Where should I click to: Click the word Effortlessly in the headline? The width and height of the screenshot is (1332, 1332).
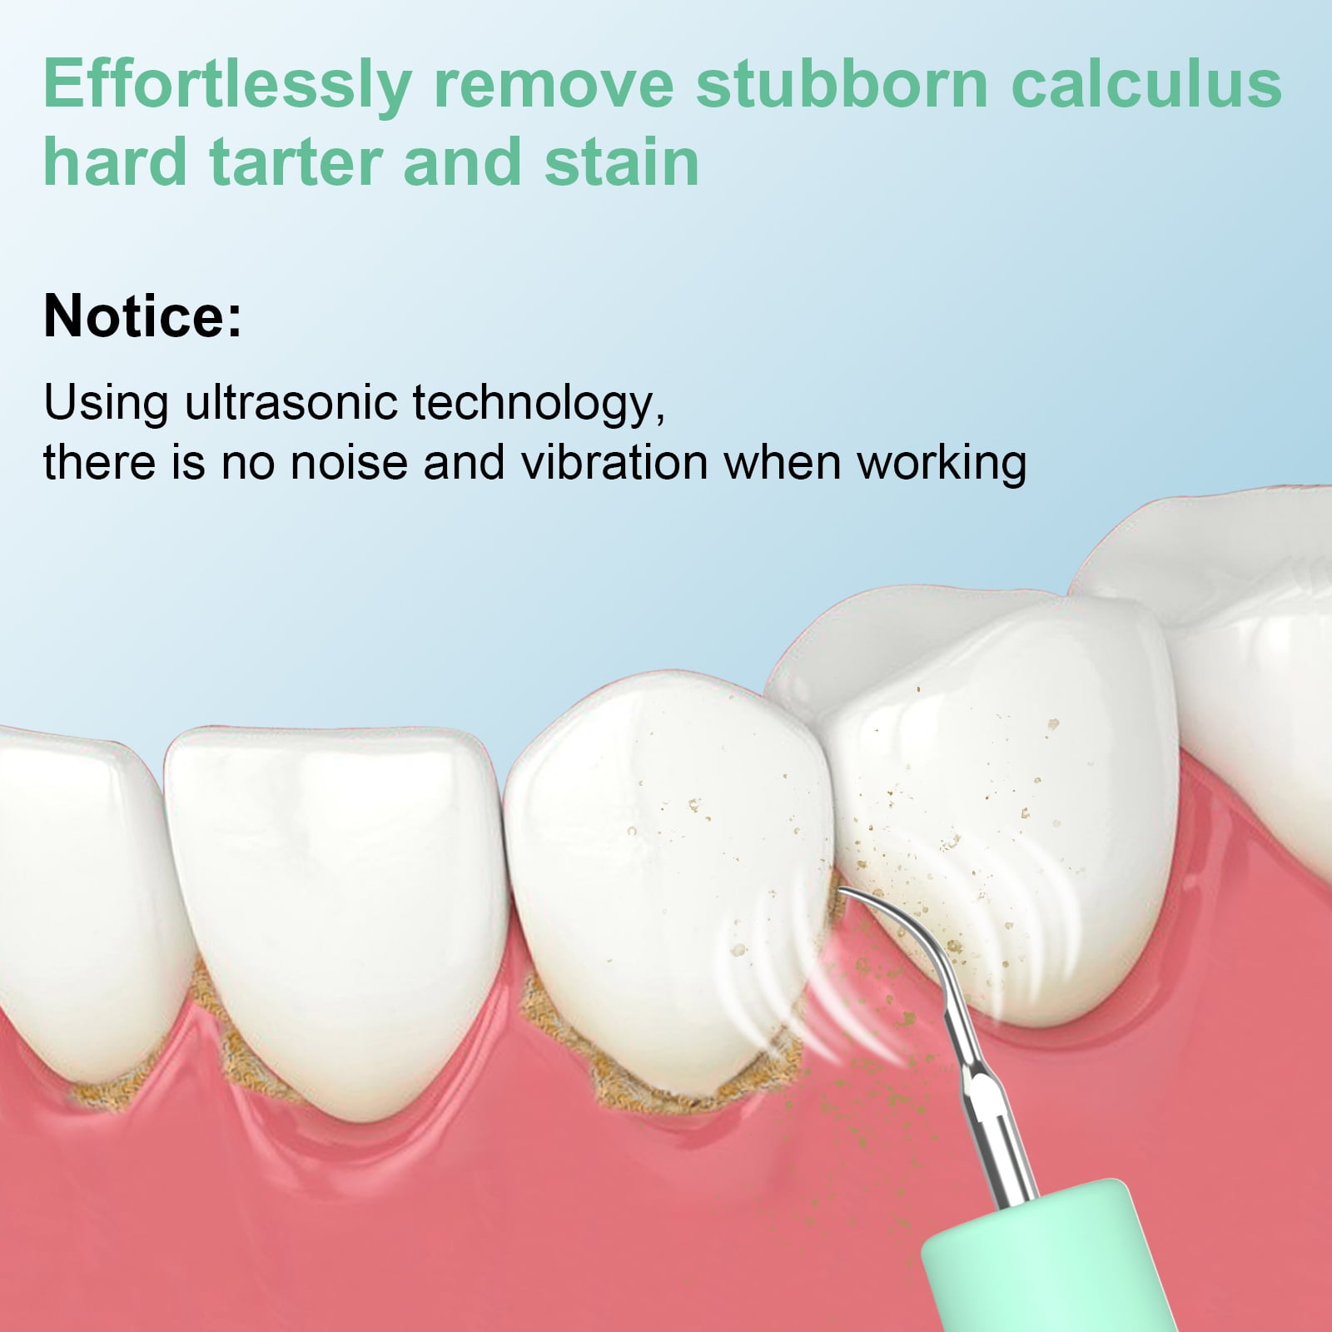[x=228, y=85]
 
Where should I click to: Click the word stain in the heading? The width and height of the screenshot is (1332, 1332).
[x=622, y=162]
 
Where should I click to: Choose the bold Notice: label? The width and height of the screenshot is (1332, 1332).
[x=142, y=316]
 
